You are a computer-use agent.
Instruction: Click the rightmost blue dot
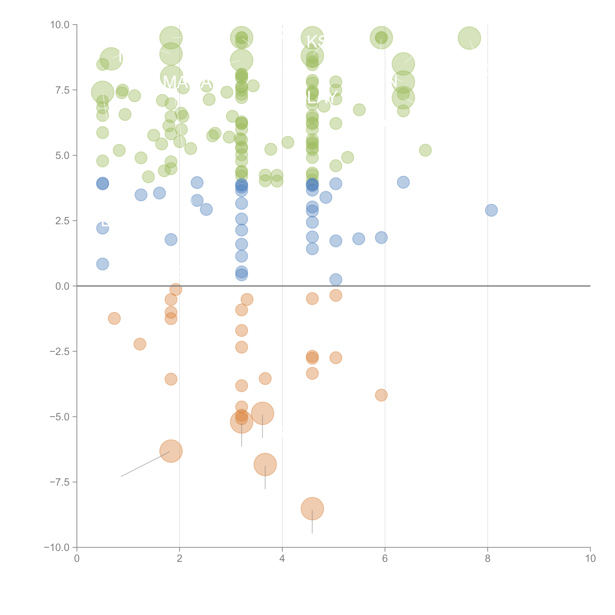(x=491, y=210)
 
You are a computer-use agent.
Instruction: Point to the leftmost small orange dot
(x=114, y=318)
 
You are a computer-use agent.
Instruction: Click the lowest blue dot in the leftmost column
(x=102, y=264)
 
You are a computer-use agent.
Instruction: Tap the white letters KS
(x=316, y=41)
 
